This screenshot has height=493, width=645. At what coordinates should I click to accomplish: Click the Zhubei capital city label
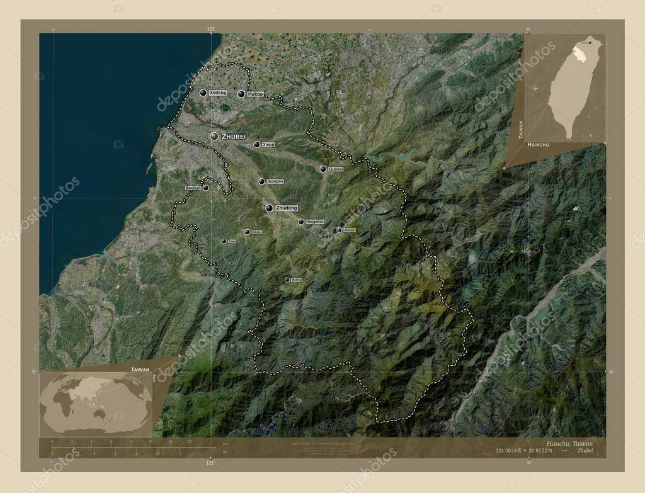pos(234,136)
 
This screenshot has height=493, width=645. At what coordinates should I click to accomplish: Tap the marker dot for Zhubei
pos(214,136)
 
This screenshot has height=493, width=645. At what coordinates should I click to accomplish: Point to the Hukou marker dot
pos(241,94)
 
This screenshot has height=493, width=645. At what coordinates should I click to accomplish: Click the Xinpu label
pos(268,145)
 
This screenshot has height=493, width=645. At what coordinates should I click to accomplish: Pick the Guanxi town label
pos(336,169)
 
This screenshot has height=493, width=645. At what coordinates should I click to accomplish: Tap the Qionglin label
pos(275,181)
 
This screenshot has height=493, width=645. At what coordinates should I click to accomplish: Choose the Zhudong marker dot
pos(269,208)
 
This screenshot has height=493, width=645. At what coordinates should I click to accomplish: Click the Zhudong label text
pos(287,208)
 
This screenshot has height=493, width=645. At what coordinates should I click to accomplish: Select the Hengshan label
pos(314,222)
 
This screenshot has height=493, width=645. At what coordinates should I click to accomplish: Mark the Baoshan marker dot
pos(205,188)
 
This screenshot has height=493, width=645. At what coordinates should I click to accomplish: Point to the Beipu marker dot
pos(248,232)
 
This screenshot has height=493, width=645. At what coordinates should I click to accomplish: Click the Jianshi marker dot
pos(339,230)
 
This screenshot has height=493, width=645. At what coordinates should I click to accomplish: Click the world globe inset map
pos(94,403)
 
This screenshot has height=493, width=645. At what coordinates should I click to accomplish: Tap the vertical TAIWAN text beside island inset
pos(520,129)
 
